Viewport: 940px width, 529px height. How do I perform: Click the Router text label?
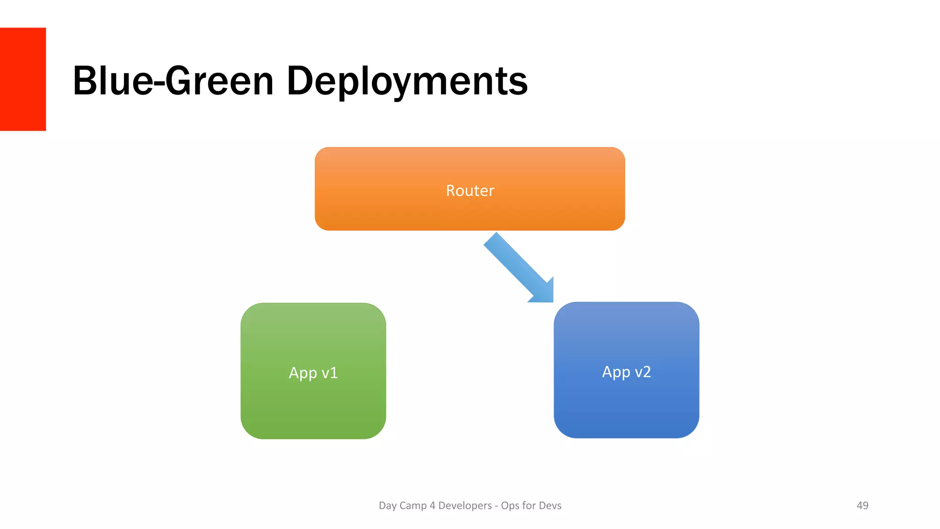click(x=470, y=191)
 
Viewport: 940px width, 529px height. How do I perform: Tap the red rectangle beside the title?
click(x=22, y=79)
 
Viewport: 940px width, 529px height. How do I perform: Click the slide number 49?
click(x=862, y=505)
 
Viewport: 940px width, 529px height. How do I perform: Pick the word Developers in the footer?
click(x=464, y=506)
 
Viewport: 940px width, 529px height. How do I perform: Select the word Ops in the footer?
click(x=509, y=506)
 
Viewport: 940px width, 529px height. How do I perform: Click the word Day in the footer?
click(x=387, y=506)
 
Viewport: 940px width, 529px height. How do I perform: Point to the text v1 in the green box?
click(x=330, y=373)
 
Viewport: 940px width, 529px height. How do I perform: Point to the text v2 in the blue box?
click(x=643, y=372)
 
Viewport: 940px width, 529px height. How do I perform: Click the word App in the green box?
click(x=303, y=373)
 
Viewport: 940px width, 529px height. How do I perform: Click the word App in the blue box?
click(x=616, y=372)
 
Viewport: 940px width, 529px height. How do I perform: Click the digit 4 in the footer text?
click(x=432, y=506)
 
